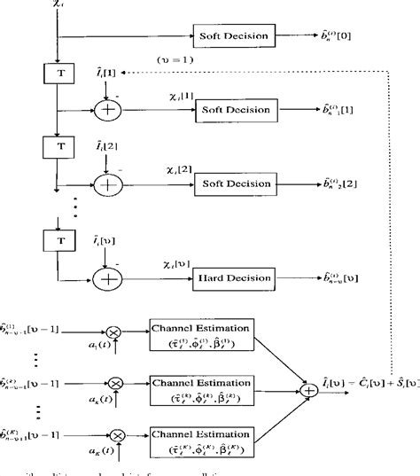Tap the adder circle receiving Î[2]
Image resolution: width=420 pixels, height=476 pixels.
[107, 183]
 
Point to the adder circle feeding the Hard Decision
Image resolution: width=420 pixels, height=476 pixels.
[107, 279]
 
